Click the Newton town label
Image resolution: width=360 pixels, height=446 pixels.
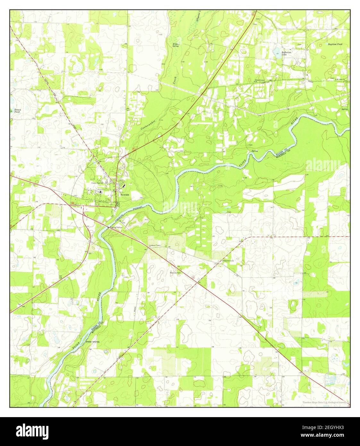125,194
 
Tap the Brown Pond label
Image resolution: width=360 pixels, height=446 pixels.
17,111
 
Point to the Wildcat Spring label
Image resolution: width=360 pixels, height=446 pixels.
176,45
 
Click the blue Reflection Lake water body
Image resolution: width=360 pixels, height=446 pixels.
276,50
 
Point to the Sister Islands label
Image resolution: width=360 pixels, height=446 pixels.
92,342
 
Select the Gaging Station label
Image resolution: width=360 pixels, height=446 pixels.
117,227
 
